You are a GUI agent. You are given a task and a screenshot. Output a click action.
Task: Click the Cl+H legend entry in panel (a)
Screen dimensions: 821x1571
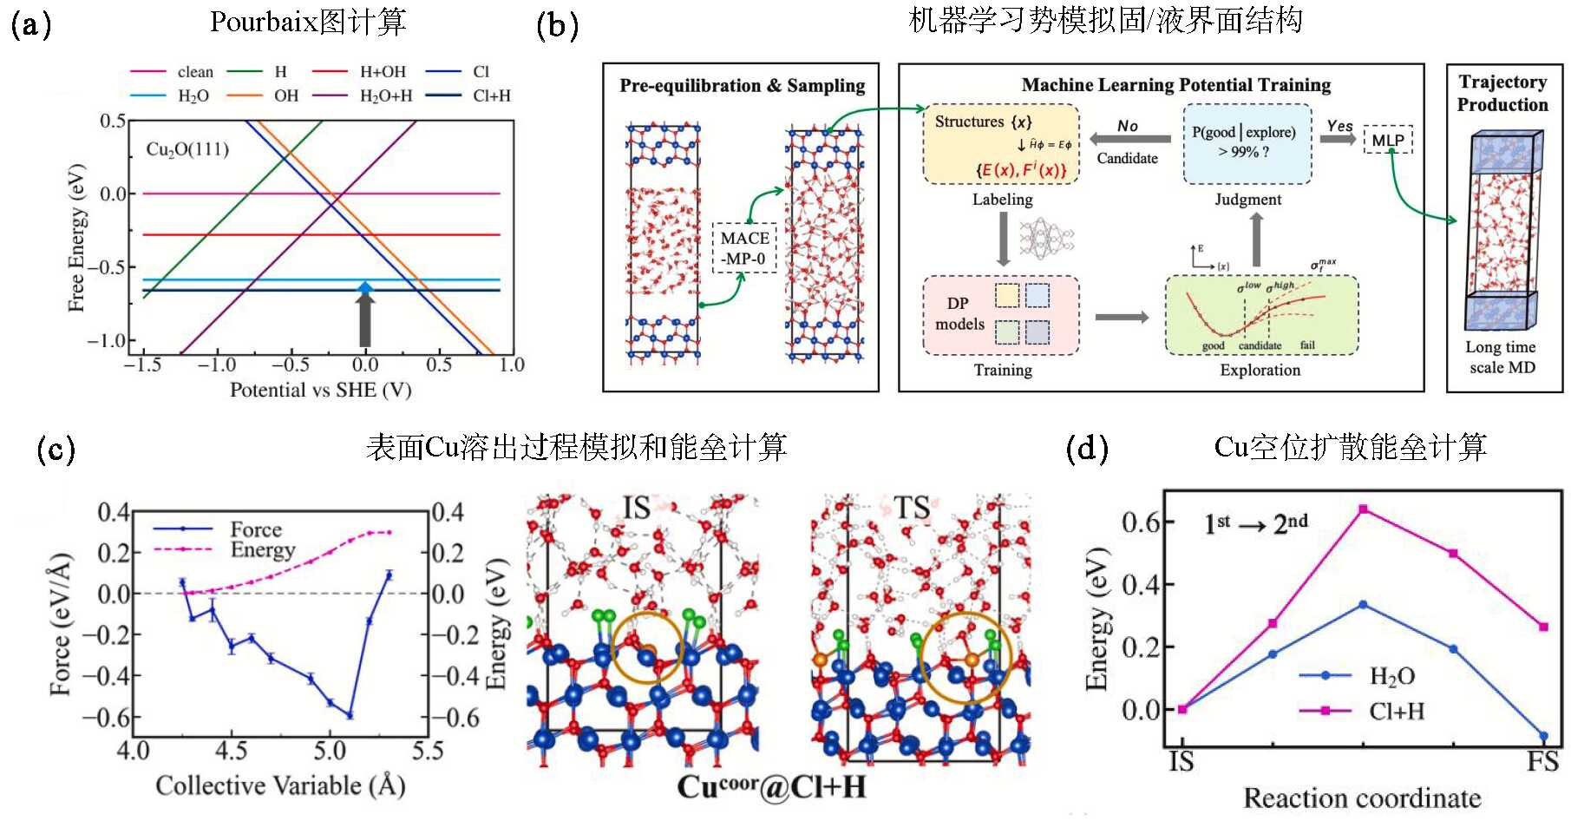[x=491, y=95]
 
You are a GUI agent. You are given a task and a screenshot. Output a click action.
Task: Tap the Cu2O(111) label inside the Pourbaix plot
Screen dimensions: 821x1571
[x=187, y=149]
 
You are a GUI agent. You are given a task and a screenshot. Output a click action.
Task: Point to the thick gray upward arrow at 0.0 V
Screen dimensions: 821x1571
[x=365, y=320]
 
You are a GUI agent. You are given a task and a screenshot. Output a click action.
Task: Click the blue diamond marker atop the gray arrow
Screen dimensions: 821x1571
[x=365, y=287]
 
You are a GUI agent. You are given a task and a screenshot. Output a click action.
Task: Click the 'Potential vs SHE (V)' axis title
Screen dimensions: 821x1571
[x=320, y=390]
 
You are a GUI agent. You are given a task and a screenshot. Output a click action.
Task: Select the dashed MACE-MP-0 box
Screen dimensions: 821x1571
[x=744, y=248]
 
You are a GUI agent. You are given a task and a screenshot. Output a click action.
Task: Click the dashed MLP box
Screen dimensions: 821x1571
[x=1388, y=140]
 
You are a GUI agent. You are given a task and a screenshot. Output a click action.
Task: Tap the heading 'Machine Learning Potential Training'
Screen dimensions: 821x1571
[x=1175, y=85]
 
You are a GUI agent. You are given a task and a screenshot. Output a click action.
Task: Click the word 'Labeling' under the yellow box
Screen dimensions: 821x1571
[x=1002, y=200]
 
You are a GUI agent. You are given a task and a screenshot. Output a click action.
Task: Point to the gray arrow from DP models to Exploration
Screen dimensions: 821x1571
[x=1121, y=317]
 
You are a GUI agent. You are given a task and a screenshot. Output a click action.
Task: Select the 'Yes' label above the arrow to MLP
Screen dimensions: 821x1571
[x=1339, y=126]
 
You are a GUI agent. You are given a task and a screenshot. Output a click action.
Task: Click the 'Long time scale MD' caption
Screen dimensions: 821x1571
[x=1502, y=357]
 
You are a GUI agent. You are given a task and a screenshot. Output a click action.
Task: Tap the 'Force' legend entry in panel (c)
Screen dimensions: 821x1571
[x=255, y=529]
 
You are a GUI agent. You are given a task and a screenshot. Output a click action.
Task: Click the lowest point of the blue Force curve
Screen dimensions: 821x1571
[x=350, y=715]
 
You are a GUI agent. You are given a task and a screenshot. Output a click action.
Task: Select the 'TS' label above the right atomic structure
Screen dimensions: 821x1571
[x=911, y=508]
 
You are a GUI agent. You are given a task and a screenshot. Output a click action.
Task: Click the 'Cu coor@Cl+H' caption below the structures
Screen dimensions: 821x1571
[x=771, y=787]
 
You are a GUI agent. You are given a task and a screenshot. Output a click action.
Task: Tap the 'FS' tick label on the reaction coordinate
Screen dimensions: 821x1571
[x=1542, y=762]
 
